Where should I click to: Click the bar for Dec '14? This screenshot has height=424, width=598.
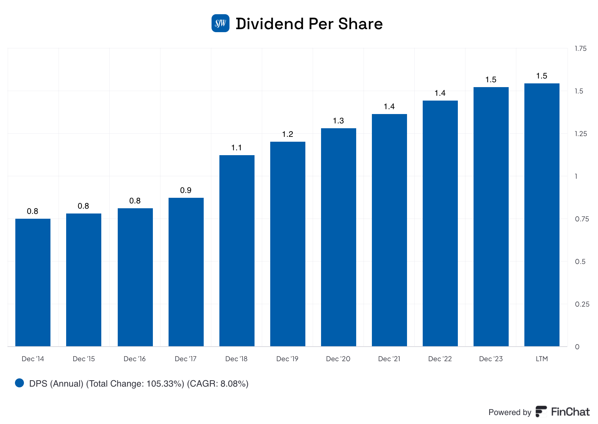[33, 282]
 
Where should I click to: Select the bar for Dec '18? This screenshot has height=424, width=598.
[237, 251]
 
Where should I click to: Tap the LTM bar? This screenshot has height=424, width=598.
[542, 215]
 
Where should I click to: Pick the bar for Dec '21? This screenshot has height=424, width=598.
[389, 230]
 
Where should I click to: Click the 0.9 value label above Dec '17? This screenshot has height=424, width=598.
[186, 190]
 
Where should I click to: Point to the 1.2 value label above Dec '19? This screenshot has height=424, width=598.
[287, 134]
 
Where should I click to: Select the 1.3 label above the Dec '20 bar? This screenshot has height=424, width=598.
[338, 121]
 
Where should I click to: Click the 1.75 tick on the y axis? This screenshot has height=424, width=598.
[580, 49]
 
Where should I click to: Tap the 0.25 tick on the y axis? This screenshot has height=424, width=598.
[582, 304]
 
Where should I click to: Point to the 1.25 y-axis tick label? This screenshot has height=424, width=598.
[580, 134]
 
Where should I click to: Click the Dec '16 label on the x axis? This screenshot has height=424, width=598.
[135, 359]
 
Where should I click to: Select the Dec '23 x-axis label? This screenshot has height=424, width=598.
[491, 359]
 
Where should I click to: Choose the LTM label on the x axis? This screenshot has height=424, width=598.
[542, 359]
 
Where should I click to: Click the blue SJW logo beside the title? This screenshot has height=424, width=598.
[221, 24]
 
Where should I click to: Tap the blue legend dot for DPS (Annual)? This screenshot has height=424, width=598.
[19, 383]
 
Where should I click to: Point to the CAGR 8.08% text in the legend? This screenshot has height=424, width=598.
[218, 384]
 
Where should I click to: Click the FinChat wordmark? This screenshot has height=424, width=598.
[570, 412]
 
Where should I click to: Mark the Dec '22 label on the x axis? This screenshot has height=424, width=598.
[440, 359]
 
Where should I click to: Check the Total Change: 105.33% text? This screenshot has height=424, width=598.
[135, 384]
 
